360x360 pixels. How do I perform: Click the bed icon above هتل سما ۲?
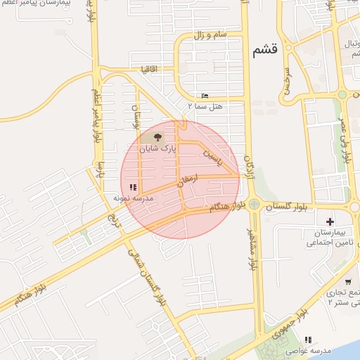click(x=205, y=96)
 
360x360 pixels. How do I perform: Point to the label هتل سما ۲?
click(x=205, y=105)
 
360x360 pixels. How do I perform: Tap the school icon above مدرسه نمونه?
click(x=133, y=187)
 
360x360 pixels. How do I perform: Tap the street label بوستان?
click(x=138, y=116)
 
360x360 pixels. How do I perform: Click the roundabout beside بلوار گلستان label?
click(x=254, y=205)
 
